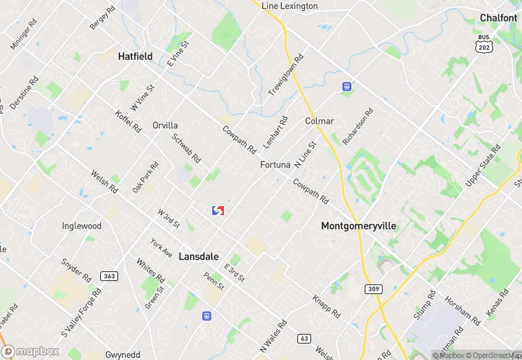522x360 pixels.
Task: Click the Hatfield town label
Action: pyautogui.click(x=135, y=56)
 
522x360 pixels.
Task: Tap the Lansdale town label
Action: pyautogui.click(x=198, y=256)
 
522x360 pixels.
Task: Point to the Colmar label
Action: pyautogui.click(x=319, y=121)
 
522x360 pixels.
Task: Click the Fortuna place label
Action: pyautogui.click(x=275, y=165)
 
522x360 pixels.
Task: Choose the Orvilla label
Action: pyautogui.click(x=165, y=126)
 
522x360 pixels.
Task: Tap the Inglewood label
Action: pyautogui.click(x=82, y=226)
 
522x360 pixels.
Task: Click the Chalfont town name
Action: pyautogui.click(x=499, y=18)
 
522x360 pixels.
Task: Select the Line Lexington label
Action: pyautogui.click(x=290, y=6)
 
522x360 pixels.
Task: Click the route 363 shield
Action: pyautogui.click(x=109, y=276)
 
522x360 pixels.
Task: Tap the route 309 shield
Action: pyautogui.click(x=374, y=289)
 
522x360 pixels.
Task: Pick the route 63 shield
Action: pyautogui.click(x=304, y=338)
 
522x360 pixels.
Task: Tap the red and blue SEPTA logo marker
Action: pyautogui.click(x=218, y=210)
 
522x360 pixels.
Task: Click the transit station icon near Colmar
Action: pyautogui.click(x=347, y=87)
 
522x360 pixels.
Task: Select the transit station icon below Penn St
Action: pyautogui.click(x=205, y=317)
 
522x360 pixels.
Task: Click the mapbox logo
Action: pyautogui.click(x=31, y=351)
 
